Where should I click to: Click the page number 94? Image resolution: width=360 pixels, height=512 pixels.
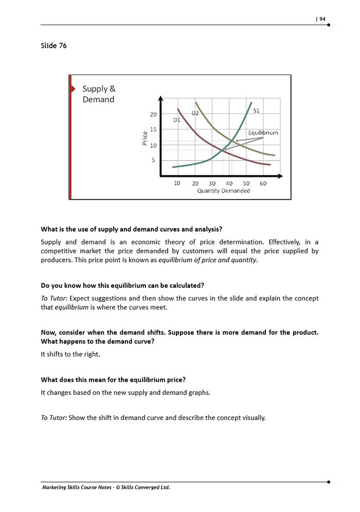(x=322, y=19)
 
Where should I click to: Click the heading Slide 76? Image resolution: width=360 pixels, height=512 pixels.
(x=53, y=46)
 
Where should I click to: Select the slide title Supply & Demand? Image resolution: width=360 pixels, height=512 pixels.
(x=99, y=94)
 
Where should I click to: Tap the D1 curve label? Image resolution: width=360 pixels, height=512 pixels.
(x=176, y=120)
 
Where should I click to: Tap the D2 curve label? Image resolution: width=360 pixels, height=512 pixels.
(x=195, y=113)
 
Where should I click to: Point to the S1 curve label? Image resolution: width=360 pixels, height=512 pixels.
(x=257, y=111)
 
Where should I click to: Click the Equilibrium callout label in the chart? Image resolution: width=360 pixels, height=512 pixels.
(x=263, y=133)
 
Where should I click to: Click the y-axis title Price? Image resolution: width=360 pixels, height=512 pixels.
(x=145, y=138)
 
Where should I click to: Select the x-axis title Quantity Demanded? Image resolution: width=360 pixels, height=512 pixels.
(x=223, y=191)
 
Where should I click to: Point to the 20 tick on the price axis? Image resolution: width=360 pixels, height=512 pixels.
(x=153, y=114)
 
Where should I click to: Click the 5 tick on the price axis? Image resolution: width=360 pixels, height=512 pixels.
(x=153, y=160)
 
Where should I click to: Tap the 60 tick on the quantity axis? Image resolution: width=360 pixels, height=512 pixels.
(x=263, y=183)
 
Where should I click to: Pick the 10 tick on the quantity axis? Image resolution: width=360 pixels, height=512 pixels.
(x=177, y=183)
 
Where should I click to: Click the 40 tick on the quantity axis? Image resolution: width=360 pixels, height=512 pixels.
(x=229, y=183)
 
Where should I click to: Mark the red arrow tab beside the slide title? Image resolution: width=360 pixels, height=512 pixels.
(x=72, y=89)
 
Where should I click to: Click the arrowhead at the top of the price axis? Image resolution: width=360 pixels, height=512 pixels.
(x=160, y=98)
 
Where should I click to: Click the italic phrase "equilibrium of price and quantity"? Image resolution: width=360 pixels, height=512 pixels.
(x=207, y=260)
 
